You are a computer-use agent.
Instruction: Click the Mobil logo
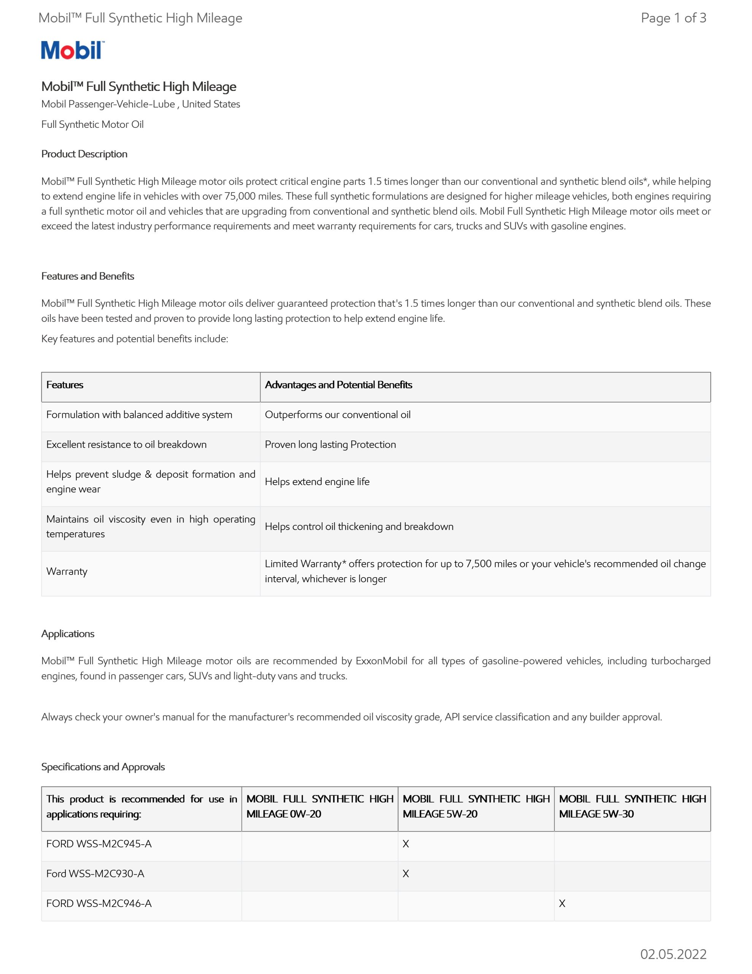click(73, 50)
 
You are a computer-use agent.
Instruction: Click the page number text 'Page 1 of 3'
click(673, 18)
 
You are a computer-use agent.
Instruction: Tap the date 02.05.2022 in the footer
click(673, 954)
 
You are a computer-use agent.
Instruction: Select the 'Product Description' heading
click(84, 154)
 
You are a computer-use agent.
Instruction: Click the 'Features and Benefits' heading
click(88, 276)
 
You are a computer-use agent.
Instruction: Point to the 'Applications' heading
click(68, 634)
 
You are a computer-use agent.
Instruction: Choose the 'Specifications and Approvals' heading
click(103, 767)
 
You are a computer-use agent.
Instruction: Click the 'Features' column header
click(65, 385)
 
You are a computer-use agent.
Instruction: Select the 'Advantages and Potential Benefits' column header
click(338, 385)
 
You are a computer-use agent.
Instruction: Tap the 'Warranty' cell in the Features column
click(67, 571)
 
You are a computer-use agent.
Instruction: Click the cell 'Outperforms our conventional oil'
click(338, 415)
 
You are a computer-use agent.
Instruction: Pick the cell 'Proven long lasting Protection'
click(330, 445)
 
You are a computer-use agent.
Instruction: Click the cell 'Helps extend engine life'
click(317, 482)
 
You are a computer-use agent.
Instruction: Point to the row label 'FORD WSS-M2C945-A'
click(99, 844)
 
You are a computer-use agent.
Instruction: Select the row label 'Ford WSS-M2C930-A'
click(95, 874)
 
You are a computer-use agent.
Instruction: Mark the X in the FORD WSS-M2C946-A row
click(562, 904)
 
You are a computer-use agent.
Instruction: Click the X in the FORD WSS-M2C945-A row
click(406, 844)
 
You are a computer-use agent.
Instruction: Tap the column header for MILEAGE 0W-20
click(320, 806)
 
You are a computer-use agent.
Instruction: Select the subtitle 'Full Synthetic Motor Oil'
click(92, 124)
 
